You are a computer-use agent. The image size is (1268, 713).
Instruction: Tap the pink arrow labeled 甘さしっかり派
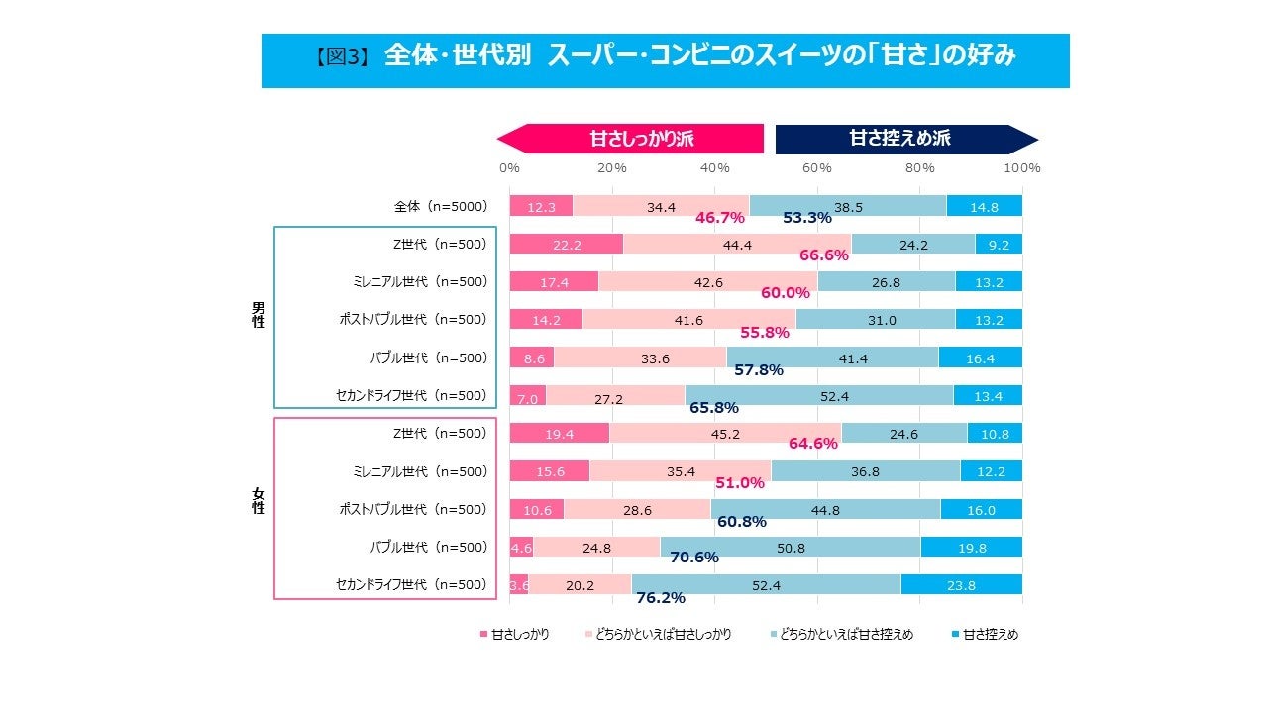coord(630,139)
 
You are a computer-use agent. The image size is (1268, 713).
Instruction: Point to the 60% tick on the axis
coord(817,168)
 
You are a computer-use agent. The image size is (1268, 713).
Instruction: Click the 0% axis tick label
coord(509,168)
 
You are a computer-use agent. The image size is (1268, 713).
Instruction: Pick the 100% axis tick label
coord(1021,168)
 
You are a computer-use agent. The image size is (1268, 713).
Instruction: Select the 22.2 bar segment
coord(566,244)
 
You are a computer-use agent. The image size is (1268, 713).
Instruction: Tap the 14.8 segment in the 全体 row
coord(984,207)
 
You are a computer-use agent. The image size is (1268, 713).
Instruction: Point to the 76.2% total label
coord(661,598)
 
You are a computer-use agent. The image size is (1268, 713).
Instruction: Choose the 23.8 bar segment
coord(961,585)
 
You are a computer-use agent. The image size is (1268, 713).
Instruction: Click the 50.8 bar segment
coord(791,547)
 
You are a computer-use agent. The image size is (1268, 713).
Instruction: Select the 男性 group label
coord(259,314)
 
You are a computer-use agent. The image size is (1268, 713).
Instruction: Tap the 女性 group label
coord(259,500)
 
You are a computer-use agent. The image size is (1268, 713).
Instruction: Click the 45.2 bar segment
coord(724,433)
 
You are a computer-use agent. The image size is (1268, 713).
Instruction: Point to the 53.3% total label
coord(806,218)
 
